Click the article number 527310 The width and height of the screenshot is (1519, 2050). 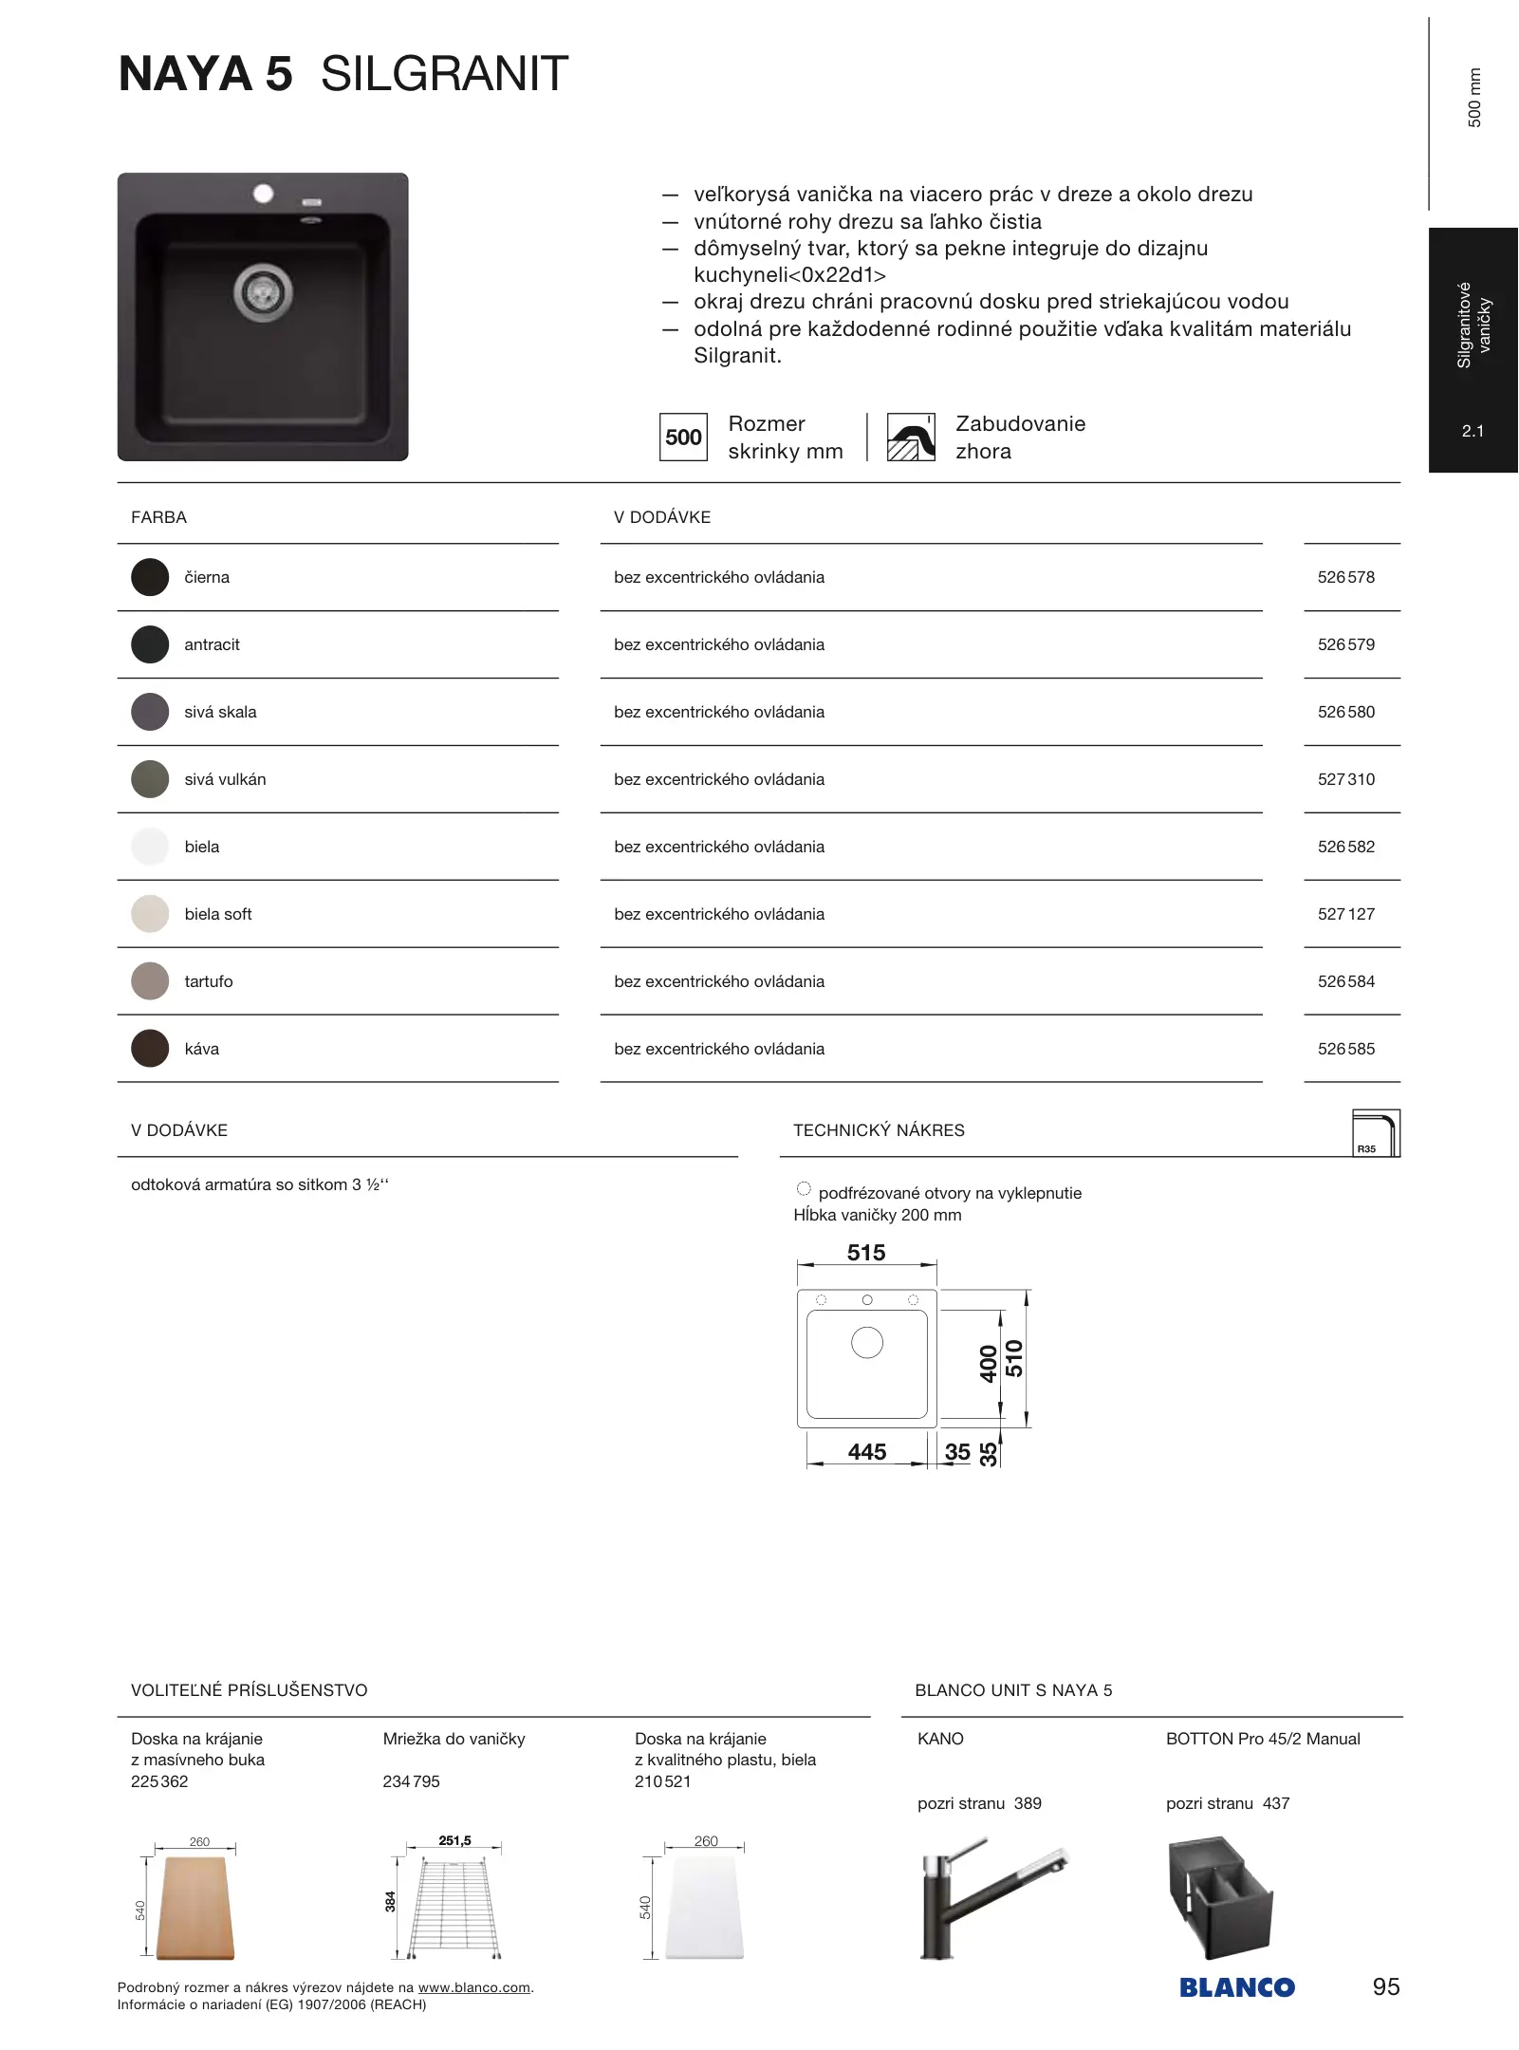(1345, 779)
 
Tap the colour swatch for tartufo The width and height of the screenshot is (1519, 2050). (150, 981)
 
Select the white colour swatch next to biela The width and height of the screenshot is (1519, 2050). (150, 847)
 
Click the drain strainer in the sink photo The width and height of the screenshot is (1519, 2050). (263, 291)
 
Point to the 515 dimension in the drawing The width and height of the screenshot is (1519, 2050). (865, 1253)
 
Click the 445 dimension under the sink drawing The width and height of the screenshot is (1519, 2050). (866, 1452)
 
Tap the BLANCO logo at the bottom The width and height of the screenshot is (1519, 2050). (1236, 1987)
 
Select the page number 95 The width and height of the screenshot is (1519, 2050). (1385, 1986)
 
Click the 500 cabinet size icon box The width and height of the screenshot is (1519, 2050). (683, 438)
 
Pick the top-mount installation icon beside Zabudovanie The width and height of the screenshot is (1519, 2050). (911, 438)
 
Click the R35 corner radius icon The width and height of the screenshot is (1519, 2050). (1376, 1133)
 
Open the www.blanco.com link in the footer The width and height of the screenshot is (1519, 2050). (474, 1987)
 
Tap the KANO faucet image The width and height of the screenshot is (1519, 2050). (991, 1898)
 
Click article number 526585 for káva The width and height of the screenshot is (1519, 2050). (1345, 1049)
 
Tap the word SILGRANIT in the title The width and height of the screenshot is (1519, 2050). (444, 74)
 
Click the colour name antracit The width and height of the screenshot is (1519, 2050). (212, 644)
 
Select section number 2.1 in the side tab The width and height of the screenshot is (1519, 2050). (1473, 431)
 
